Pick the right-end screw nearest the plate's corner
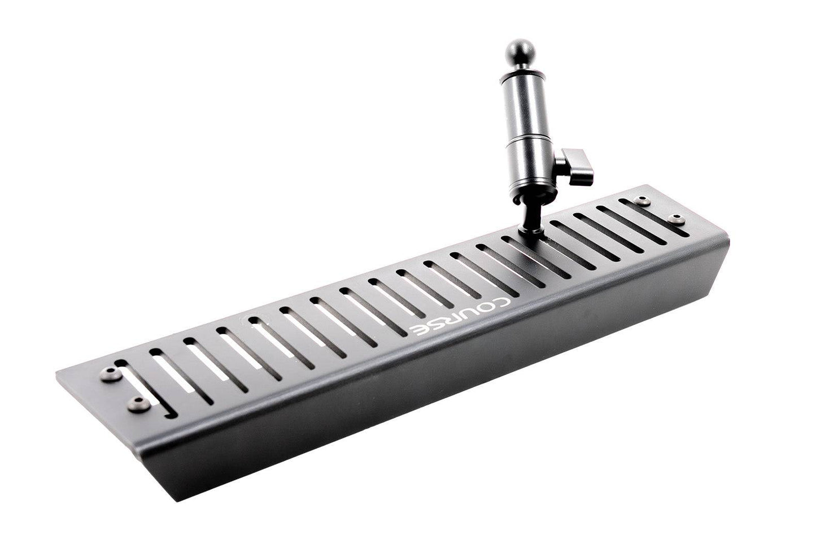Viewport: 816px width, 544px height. [x=674, y=217]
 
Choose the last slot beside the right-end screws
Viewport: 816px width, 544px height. [x=652, y=215]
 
